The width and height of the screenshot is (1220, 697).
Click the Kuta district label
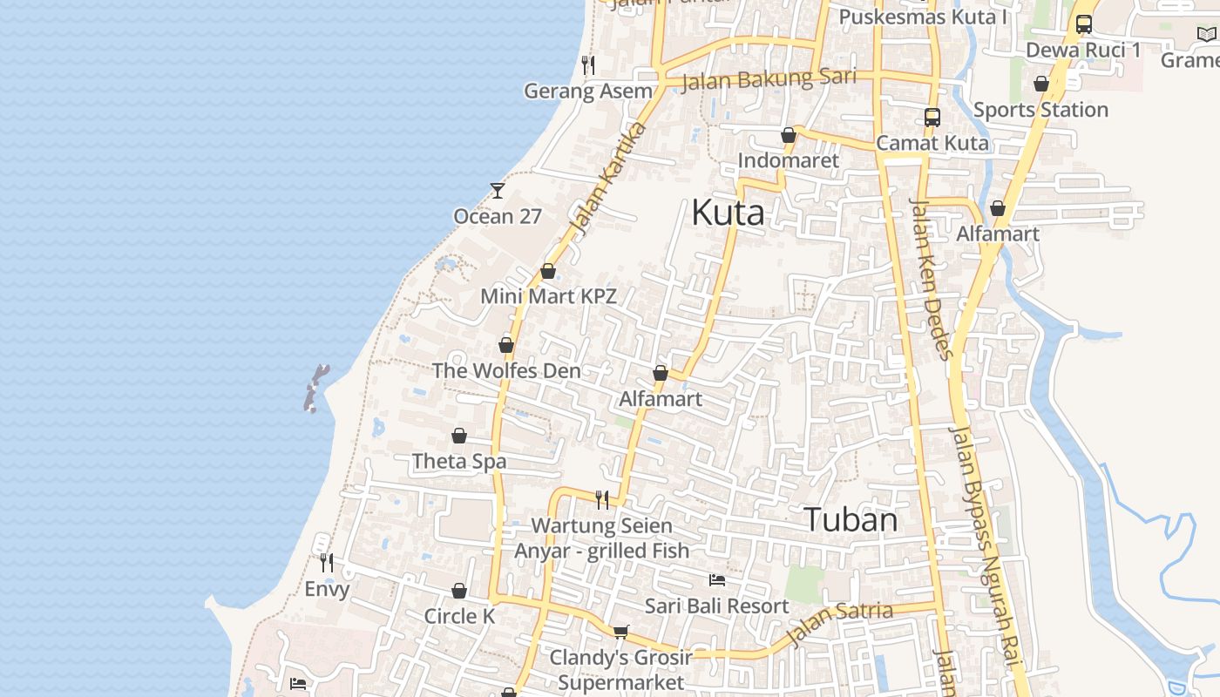point(728,213)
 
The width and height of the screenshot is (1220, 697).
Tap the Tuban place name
point(850,520)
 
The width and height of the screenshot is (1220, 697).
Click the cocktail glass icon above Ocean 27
point(497,190)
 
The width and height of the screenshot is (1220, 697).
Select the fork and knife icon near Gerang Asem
point(588,65)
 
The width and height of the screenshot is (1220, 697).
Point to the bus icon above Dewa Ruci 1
point(1083,24)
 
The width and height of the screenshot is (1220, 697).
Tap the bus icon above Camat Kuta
point(932,117)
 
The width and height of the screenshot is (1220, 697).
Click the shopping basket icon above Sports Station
point(1040,84)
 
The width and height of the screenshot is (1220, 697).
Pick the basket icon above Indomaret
point(788,135)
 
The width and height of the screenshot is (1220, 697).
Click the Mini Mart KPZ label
point(548,296)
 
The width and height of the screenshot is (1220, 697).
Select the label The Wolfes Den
point(506,370)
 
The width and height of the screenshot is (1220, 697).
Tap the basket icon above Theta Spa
point(458,436)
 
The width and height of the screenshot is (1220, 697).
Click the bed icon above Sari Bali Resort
point(717,580)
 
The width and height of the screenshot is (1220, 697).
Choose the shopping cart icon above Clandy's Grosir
point(620,632)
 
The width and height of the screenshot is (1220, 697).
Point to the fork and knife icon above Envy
point(326,563)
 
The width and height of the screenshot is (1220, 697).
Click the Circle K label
point(459,616)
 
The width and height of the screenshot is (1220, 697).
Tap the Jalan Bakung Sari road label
point(768,79)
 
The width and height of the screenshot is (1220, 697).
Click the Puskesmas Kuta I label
point(923,17)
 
